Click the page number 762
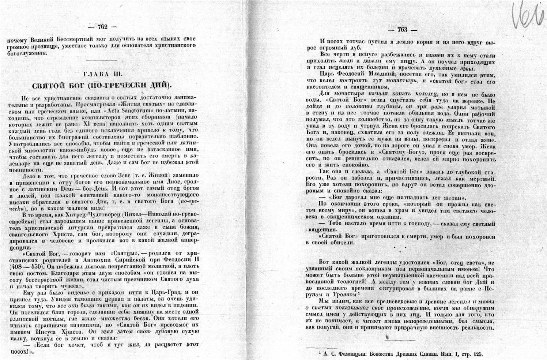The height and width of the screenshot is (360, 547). point(102,26)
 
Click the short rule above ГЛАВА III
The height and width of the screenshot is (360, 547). point(101,60)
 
